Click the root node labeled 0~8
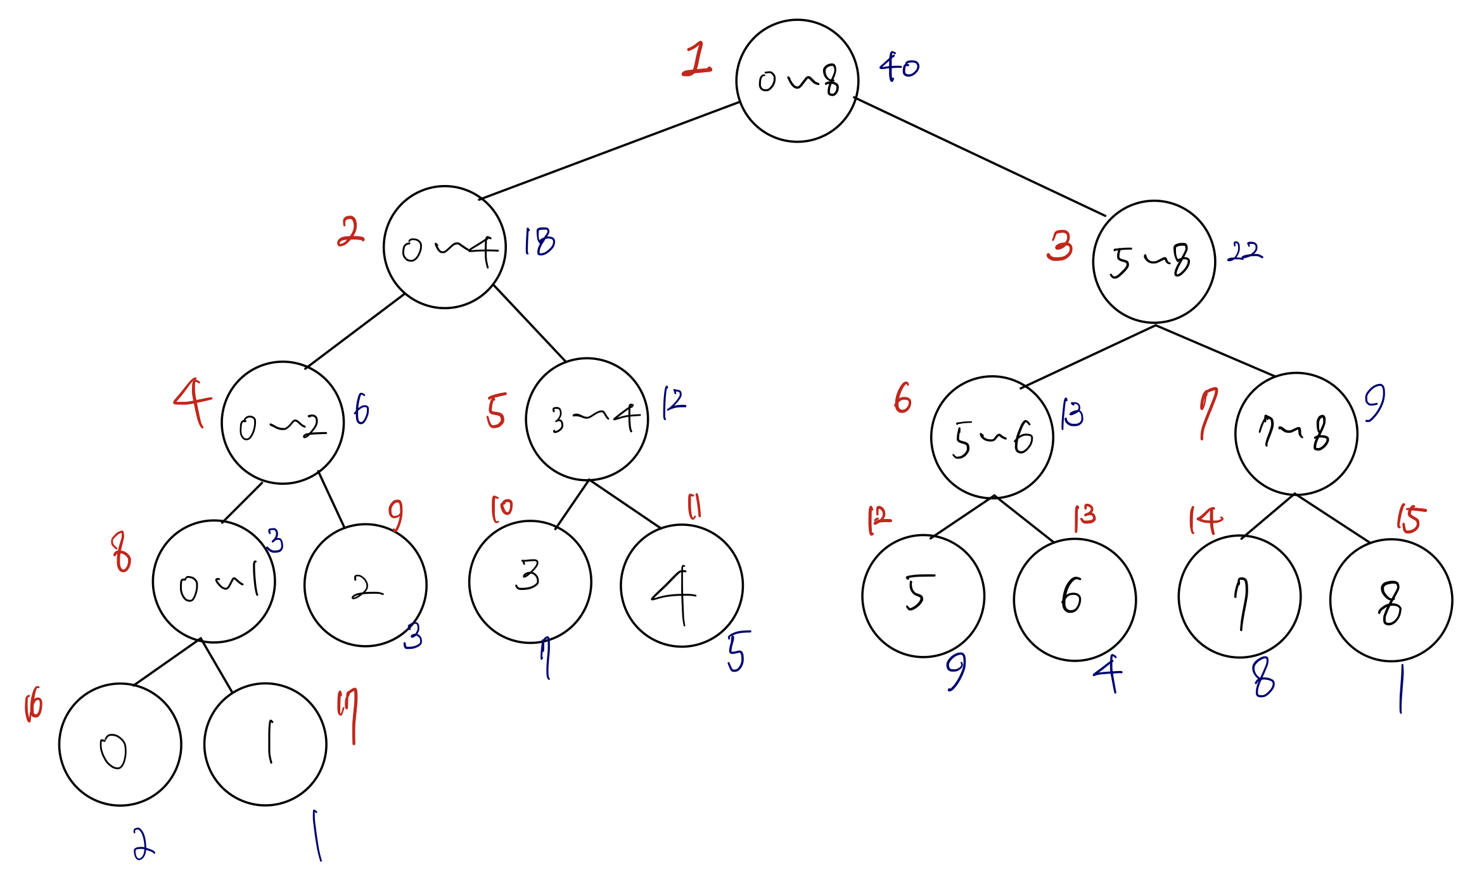click(x=797, y=81)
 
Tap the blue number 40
click(x=898, y=66)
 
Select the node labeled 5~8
click(x=1154, y=262)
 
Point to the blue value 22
click(x=1244, y=252)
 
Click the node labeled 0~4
click(x=445, y=247)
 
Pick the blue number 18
click(x=539, y=241)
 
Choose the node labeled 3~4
click(x=587, y=419)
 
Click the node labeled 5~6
click(x=992, y=437)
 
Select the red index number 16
click(x=33, y=707)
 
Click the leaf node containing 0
click(x=120, y=745)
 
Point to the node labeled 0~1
click(x=214, y=582)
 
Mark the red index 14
click(x=1205, y=520)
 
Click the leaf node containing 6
click(x=1075, y=599)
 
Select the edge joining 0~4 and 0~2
click(x=355, y=331)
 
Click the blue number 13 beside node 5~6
click(x=1072, y=414)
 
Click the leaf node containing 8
click(x=1391, y=600)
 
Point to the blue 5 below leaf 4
click(x=738, y=651)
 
